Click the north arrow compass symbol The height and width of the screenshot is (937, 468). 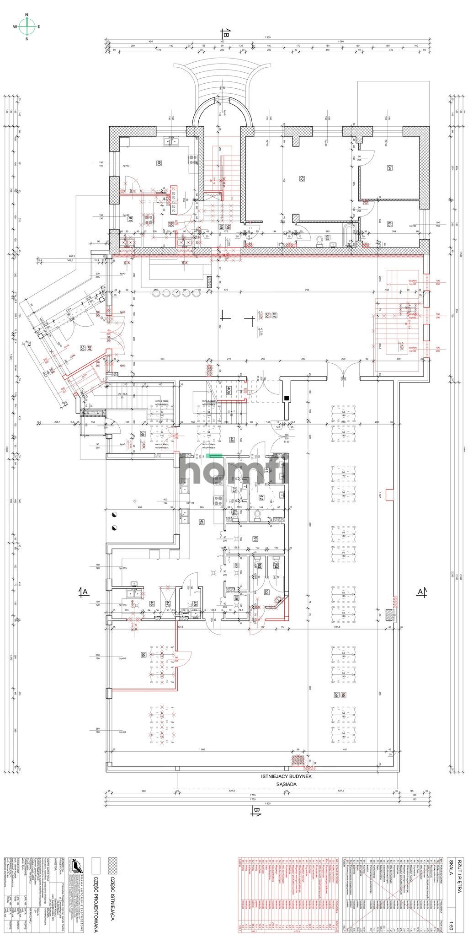click(x=27, y=27)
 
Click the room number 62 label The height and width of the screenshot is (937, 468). click(x=302, y=178)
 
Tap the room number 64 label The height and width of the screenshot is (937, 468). click(x=389, y=168)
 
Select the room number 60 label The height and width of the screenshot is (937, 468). click(x=159, y=163)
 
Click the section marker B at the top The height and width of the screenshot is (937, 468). click(x=225, y=32)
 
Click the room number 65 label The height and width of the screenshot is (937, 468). click(x=389, y=224)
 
